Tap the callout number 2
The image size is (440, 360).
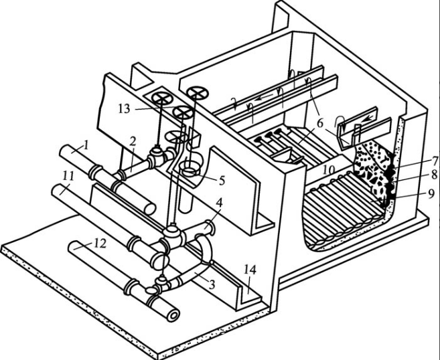pos(133,141)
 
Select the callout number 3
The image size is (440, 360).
pos(212,284)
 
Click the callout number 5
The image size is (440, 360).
pos(222,181)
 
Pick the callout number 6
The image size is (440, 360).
pos(321,123)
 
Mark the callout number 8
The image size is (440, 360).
pos(435,175)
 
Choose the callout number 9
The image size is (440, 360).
pos(431,193)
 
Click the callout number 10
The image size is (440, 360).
pos(328,169)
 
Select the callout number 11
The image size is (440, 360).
pos(68,176)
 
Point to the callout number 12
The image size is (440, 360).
pos(100,244)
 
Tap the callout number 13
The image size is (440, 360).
pos(125,109)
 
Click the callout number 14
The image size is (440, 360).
pos(250,270)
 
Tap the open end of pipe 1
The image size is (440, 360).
pos(151,209)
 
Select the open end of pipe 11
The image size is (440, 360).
pos(160,260)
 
